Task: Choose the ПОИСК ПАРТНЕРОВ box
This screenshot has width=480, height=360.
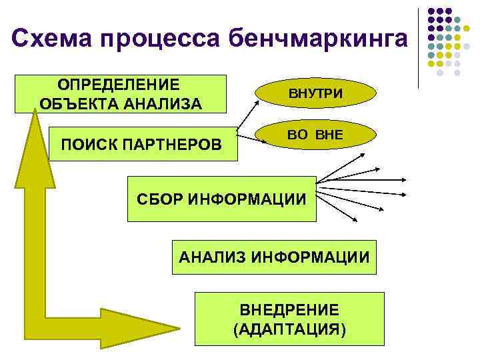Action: coord(143,145)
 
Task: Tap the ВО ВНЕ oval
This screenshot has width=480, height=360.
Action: coord(315,135)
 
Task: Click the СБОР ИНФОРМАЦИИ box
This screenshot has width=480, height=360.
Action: coord(221,199)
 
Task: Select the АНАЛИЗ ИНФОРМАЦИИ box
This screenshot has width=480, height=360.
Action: coord(273,257)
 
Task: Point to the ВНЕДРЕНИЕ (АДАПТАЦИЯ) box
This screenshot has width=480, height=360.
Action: coord(289,319)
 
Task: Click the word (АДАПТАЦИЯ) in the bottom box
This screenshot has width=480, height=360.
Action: coord(289,330)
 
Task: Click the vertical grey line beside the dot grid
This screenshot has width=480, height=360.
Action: coord(419,47)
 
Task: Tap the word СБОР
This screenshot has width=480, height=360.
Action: coord(159,199)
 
